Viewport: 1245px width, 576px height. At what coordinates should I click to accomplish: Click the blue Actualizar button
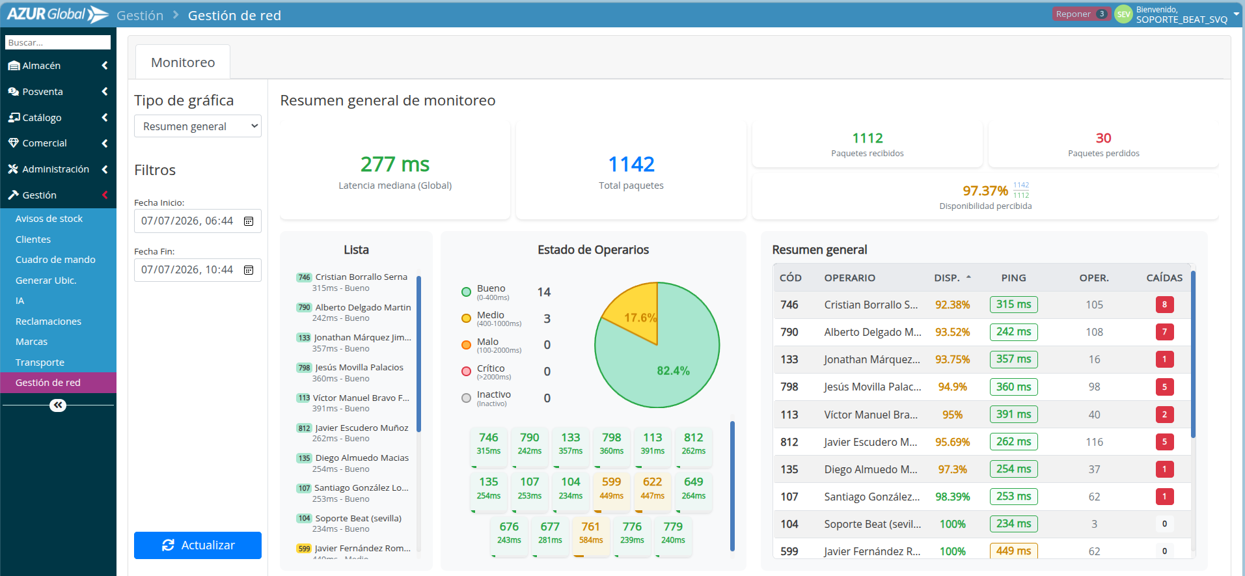[198, 545]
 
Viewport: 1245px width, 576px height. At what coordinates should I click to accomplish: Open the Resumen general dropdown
[198, 126]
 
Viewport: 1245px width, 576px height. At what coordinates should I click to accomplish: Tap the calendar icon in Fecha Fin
[249, 270]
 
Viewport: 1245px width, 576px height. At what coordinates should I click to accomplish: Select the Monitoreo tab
[183, 62]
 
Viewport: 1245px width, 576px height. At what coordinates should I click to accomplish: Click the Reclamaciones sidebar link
[48, 322]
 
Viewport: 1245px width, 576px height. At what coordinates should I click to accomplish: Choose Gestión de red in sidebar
[48, 383]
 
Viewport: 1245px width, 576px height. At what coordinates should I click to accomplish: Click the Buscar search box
[58, 42]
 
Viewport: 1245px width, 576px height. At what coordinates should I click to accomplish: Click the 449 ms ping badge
[1013, 551]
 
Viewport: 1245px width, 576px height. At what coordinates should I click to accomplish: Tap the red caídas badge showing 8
[1164, 305]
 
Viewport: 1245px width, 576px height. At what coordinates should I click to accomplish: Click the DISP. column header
[947, 278]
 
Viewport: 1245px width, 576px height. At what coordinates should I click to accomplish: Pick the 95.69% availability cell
[952, 442]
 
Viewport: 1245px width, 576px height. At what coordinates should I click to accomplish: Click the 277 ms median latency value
[395, 164]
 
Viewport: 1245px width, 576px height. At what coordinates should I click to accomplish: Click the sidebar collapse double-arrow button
[58, 405]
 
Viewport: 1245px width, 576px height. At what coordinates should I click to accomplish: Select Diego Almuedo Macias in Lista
[362, 458]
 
